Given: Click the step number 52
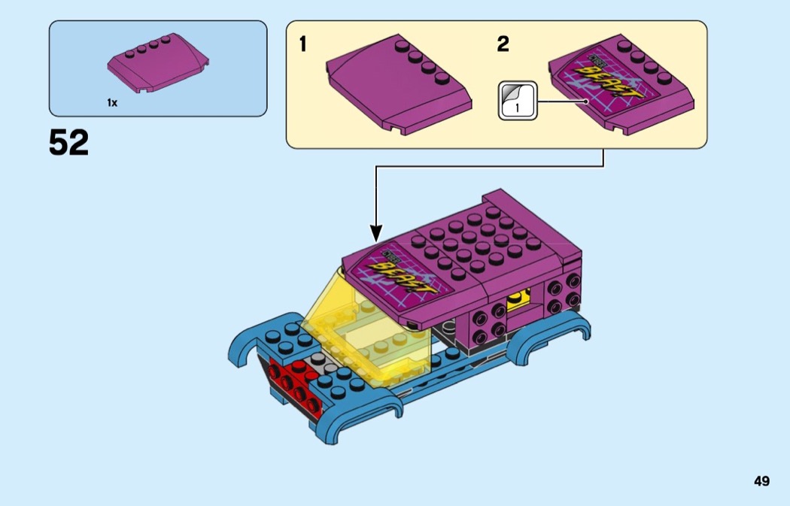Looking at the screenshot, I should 68,142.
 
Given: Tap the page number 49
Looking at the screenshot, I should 761,481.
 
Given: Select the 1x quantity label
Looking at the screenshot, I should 112,103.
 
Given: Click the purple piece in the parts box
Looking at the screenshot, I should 158,65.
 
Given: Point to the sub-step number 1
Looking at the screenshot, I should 302,44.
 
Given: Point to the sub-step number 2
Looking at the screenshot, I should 503,44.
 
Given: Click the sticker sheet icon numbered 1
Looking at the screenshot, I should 518,100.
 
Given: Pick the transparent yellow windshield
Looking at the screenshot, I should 369,331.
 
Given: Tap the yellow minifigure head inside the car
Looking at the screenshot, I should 519,300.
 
